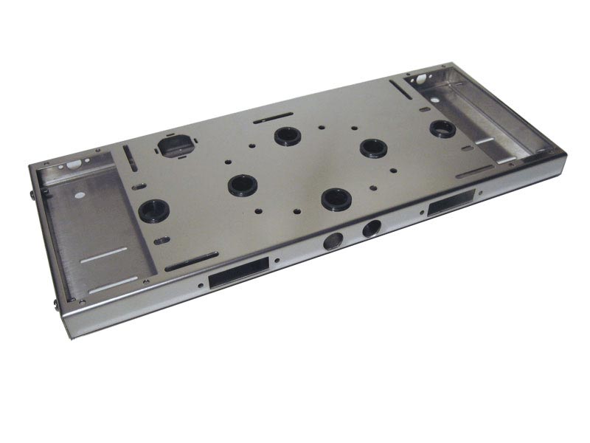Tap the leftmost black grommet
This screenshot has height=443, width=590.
pyautogui.click(x=154, y=210)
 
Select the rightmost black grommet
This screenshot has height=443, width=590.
pyautogui.click(x=442, y=129)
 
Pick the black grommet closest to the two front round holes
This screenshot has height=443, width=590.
pyautogui.click(x=336, y=198)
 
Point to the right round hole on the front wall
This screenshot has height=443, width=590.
pyautogui.click(x=371, y=229)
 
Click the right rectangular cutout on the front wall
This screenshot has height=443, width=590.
pyautogui.click(x=451, y=202)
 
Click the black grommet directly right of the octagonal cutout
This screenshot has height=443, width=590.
pyautogui.click(x=288, y=136)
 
